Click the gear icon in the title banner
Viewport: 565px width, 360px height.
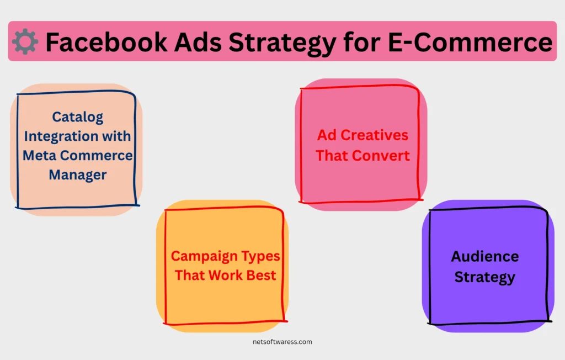tap(25, 41)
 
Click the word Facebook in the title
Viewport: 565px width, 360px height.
tap(106, 42)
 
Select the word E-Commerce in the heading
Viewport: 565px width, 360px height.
tap(470, 42)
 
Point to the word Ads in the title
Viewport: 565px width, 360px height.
tap(198, 42)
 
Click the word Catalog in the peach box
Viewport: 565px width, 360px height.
tap(77, 117)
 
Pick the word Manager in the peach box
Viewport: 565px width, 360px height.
tap(78, 175)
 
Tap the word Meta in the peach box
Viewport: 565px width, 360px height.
tap(39, 156)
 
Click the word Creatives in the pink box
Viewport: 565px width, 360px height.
tap(375, 135)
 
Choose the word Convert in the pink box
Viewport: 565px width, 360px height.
tap(381, 156)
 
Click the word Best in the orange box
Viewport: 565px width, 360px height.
tap(261, 275)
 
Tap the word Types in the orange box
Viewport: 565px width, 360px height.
tap(260, 257)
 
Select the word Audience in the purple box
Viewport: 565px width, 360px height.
tap(485, 257)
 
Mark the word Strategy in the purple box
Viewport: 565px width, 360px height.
tap(485, 277)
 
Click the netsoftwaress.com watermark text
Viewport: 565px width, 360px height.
tap(282, 342)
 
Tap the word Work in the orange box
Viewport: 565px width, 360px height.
tap(226, 275)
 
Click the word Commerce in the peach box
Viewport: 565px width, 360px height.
tap(96, 156)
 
